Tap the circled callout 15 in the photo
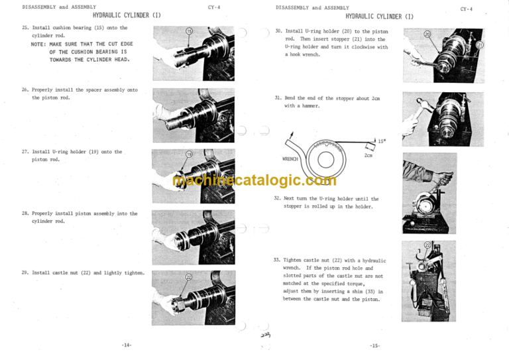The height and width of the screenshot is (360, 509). pyautogui.click(x=189, y=32)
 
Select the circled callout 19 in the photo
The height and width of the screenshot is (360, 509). pyautogui.click(x=189, y=155)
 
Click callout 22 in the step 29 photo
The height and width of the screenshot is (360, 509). pyautogui.click(x=189, y=278)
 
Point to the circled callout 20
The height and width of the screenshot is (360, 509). pyautogui.click(x=427, y=34)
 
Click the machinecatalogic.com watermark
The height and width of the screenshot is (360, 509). pyautogui.click(x=254, y=180)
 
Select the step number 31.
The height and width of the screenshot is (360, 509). pyautogui.click(x=278, y=97)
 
